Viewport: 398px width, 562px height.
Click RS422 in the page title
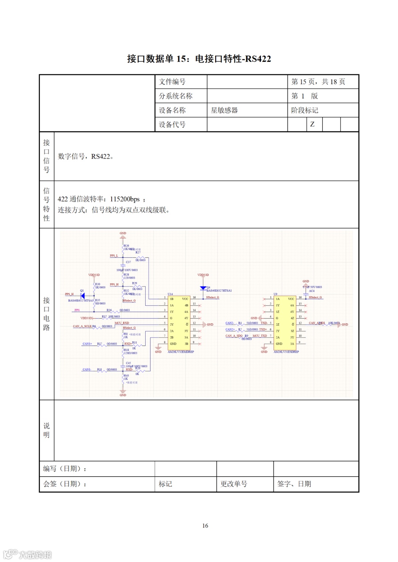click(258, 59)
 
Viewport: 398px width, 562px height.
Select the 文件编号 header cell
click(172, 82)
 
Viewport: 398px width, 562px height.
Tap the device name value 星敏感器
click(224, 110)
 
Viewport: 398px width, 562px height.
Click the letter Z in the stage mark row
click(312, 124)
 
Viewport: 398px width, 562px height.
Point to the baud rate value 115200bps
click(125, 199)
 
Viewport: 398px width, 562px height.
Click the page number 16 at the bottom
click(205, 526)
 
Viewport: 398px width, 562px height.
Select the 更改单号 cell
click(234, 484)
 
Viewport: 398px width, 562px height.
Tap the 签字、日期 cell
click(294, 484)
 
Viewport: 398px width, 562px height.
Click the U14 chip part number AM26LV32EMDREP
click(181, 352)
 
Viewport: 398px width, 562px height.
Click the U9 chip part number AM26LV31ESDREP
click(286, 352)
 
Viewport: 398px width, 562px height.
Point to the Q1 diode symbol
click(83, 296)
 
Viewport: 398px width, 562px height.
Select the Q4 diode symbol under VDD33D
click(203, 288)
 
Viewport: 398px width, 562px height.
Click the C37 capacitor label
click(128, 262)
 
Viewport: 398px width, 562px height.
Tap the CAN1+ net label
click(87, 344)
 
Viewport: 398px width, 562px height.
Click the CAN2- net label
click(230, 323)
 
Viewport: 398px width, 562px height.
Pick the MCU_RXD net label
click(122, 323)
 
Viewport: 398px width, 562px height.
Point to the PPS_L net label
click(114, 255)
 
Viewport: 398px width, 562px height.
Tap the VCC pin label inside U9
click(291, 299)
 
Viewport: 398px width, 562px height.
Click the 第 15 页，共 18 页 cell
click(318, 82)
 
